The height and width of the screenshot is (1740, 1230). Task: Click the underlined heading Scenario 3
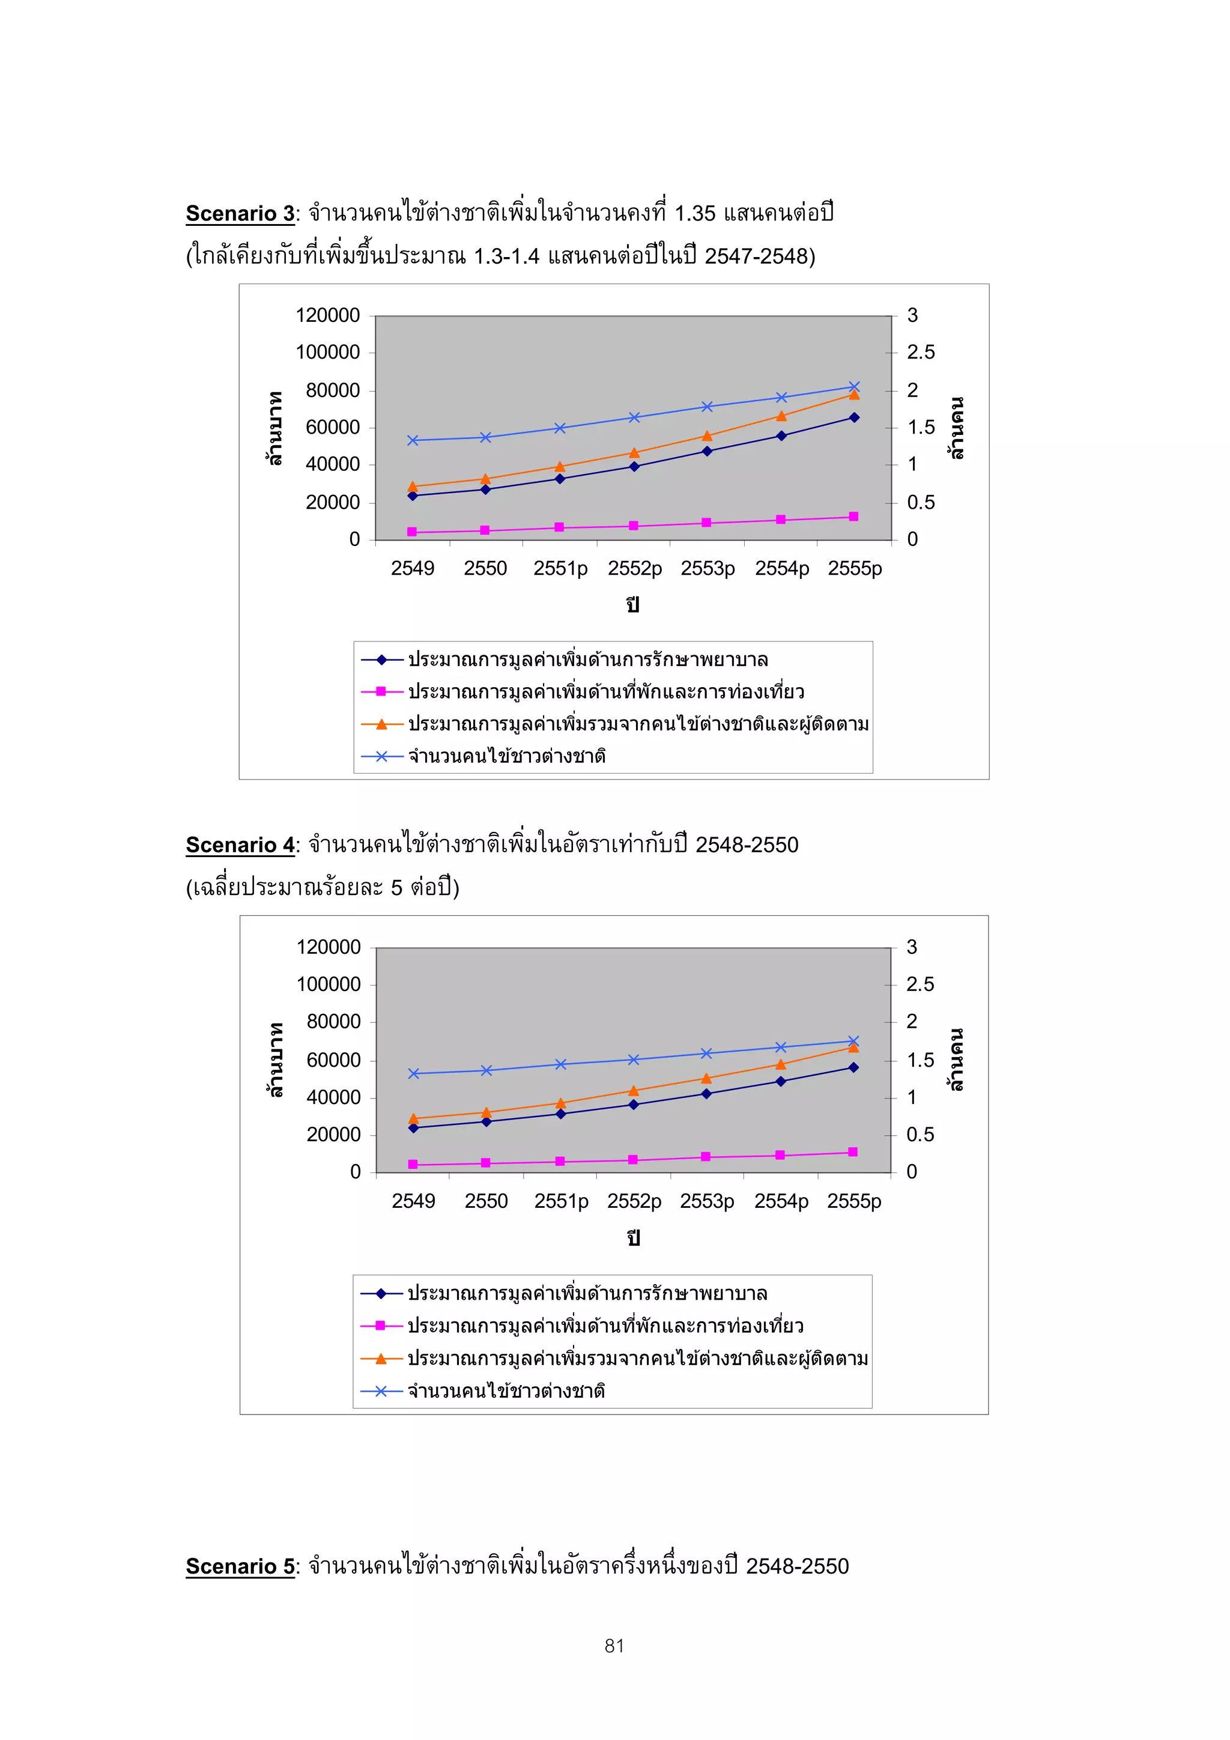[240, 214]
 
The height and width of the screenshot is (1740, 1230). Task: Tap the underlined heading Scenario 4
[240, 845]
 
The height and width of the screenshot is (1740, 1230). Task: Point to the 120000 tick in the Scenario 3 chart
[327, 315]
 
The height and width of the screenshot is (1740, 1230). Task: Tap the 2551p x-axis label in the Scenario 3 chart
[560, 568]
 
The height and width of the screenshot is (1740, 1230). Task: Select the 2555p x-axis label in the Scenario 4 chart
[854, 1201]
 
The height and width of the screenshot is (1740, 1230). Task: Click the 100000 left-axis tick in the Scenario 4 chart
[328, 984]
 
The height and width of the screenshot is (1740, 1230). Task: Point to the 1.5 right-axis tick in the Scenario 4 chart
[920, 1060]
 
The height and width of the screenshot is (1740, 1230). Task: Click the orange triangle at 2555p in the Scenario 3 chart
[854, 395]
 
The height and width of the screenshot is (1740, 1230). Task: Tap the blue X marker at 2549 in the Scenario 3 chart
[413, 440]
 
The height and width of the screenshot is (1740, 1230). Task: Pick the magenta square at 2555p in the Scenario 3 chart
[854, 517]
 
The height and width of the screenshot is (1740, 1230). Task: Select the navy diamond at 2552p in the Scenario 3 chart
[634, 467]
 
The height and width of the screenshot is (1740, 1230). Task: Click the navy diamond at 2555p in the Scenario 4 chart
[853, 1067]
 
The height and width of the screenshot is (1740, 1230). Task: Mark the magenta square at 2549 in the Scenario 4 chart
[413, 1164]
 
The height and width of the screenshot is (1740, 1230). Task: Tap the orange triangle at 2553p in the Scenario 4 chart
[706, 1078]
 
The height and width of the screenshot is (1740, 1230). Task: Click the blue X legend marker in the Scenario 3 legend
[381, 756]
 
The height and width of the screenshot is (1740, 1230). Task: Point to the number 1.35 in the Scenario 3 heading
[694, 214]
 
